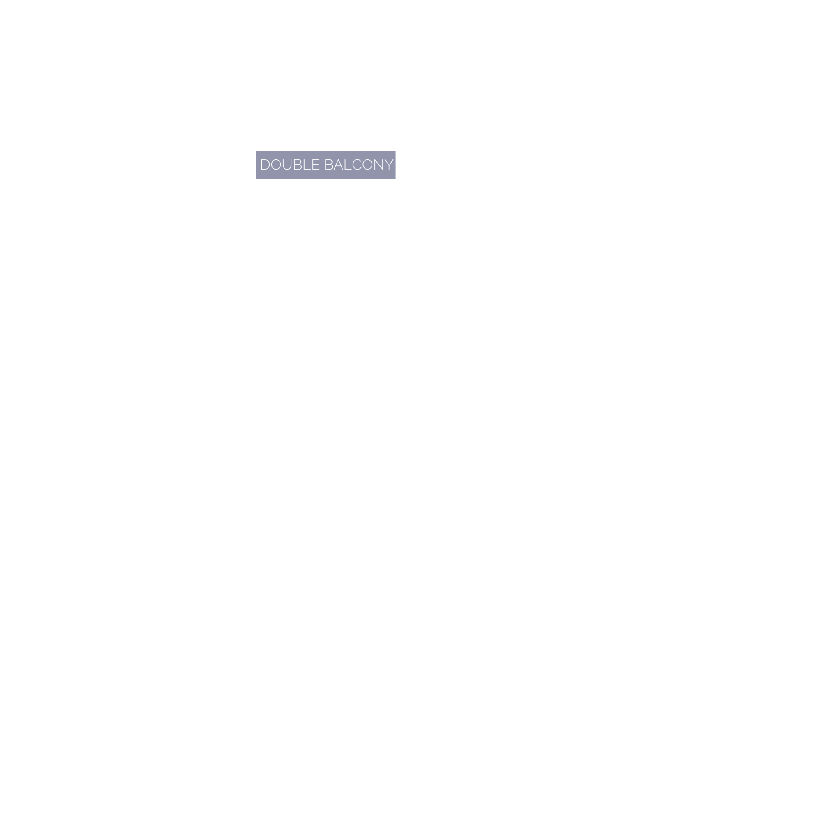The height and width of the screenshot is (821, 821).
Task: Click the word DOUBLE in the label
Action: (x=290, y=164)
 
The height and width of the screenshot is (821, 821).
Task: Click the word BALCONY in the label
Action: (x=359, y=164)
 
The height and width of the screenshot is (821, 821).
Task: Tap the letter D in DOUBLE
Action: (x=265, y=164)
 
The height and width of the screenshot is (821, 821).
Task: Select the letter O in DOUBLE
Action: (x=276, y=164)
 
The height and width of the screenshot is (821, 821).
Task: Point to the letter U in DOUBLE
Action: (x=287, y=164)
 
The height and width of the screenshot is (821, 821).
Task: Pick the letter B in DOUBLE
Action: (x=298, y=164)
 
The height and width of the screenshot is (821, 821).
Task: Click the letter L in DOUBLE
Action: (x=307, y=164)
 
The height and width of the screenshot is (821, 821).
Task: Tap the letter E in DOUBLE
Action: (x=316, y=164)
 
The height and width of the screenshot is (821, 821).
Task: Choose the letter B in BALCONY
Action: (x=328, y=164)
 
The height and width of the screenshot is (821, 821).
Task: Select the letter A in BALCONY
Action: (x=338, y=164)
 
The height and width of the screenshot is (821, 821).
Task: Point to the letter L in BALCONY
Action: (x=348, y=164)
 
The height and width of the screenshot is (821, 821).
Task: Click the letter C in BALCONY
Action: (x=357, y=164)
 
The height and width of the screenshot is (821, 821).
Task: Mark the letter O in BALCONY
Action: (x=367, y=164)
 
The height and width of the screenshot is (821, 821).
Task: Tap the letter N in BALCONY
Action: (x=379, y=164)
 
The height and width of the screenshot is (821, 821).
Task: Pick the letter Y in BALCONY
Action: (x=389, y=164)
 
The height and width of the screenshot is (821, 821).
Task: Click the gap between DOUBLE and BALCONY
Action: (x=322, y=164)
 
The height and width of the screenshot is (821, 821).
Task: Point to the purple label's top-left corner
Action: (x=256, y=151)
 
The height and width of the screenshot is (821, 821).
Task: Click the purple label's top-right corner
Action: (x=396, y=151)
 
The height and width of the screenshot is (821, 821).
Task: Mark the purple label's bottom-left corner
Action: (x=256, y=179)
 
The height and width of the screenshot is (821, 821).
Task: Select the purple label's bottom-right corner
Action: (x=396, y=179)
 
